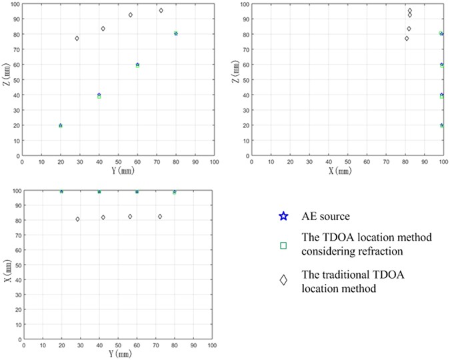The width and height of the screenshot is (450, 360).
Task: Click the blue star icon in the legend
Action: tap(283, 216)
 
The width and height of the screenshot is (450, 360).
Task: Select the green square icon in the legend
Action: tap(283, 246)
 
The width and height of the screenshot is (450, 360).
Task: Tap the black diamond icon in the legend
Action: tap(283, 280)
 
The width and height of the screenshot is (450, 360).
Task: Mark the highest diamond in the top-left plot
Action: tap(161, 11)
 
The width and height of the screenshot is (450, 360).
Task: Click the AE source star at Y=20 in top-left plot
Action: tap(61, 125)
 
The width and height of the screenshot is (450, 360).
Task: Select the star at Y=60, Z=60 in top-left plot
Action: tap(137, 65)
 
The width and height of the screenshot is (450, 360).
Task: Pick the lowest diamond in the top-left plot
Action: tap(77, 39)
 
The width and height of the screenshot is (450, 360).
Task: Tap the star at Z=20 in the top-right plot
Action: tap(441, 125)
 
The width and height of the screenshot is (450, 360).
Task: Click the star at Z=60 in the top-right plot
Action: tap(441, 65)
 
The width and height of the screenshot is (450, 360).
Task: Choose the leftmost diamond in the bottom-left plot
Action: tap(77, 219)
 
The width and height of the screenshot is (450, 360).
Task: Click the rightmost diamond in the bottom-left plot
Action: tap(160, 217)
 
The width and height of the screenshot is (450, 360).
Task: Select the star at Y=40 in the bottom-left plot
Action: tap(99, 192)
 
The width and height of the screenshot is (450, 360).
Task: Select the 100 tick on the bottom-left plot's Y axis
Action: tap(213, 347)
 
